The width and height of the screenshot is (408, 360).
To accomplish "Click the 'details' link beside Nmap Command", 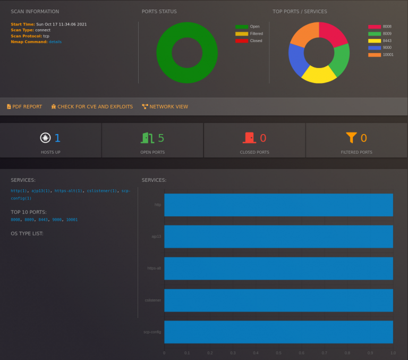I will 55,41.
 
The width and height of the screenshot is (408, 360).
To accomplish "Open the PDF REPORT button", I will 24,106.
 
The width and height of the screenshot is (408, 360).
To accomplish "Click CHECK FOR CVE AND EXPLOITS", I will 92,106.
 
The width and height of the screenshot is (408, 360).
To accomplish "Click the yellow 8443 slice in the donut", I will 319,74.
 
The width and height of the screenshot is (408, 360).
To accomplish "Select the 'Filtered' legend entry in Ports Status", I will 249,34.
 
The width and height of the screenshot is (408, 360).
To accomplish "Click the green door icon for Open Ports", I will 147,138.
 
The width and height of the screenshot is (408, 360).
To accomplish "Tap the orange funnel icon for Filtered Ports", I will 351,138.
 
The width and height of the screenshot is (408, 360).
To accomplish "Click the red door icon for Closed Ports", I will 249,138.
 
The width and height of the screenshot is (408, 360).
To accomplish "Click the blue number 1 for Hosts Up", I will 57,138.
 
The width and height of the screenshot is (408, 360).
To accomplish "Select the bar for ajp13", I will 278,237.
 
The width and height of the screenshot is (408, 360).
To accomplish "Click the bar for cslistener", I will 278,300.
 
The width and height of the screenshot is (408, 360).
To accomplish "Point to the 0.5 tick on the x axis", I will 278,353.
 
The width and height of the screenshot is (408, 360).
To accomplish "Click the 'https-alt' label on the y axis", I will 154,269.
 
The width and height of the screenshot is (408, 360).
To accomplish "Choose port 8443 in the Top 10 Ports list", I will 43,220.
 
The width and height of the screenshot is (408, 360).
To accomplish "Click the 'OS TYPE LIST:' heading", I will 27,233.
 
